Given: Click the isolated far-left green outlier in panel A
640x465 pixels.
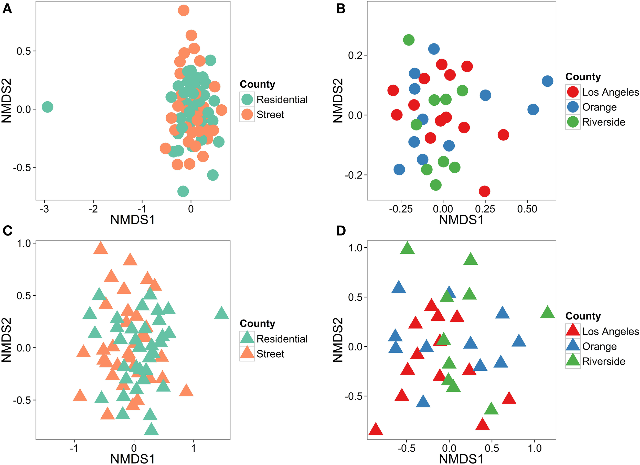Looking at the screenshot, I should tap(47, 107).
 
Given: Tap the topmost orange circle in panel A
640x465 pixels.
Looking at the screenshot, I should tap(183, 10).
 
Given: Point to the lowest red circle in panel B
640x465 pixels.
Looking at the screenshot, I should tap(485, 191).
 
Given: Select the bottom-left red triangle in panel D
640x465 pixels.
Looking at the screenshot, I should tap(376, 429).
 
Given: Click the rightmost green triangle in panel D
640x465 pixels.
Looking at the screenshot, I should tap(547, 312).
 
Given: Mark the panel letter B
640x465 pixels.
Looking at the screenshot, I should tap(340, 9).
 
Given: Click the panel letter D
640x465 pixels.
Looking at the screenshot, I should tap(340, 231).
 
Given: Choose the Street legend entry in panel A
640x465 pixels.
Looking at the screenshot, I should tap(270, 115).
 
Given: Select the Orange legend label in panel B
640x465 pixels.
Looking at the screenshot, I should tap(599, 107).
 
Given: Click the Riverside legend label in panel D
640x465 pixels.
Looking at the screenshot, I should tap(604, 361).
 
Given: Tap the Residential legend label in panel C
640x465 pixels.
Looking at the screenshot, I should tap(282, 339).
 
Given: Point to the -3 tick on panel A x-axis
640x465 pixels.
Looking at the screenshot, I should tap(44, 209).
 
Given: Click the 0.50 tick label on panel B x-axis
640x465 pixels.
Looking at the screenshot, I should tap(527, 209).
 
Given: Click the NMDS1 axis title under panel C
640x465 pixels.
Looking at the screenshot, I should tap(133, 459).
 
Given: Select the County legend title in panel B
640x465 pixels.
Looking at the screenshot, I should tap(583, 77).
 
